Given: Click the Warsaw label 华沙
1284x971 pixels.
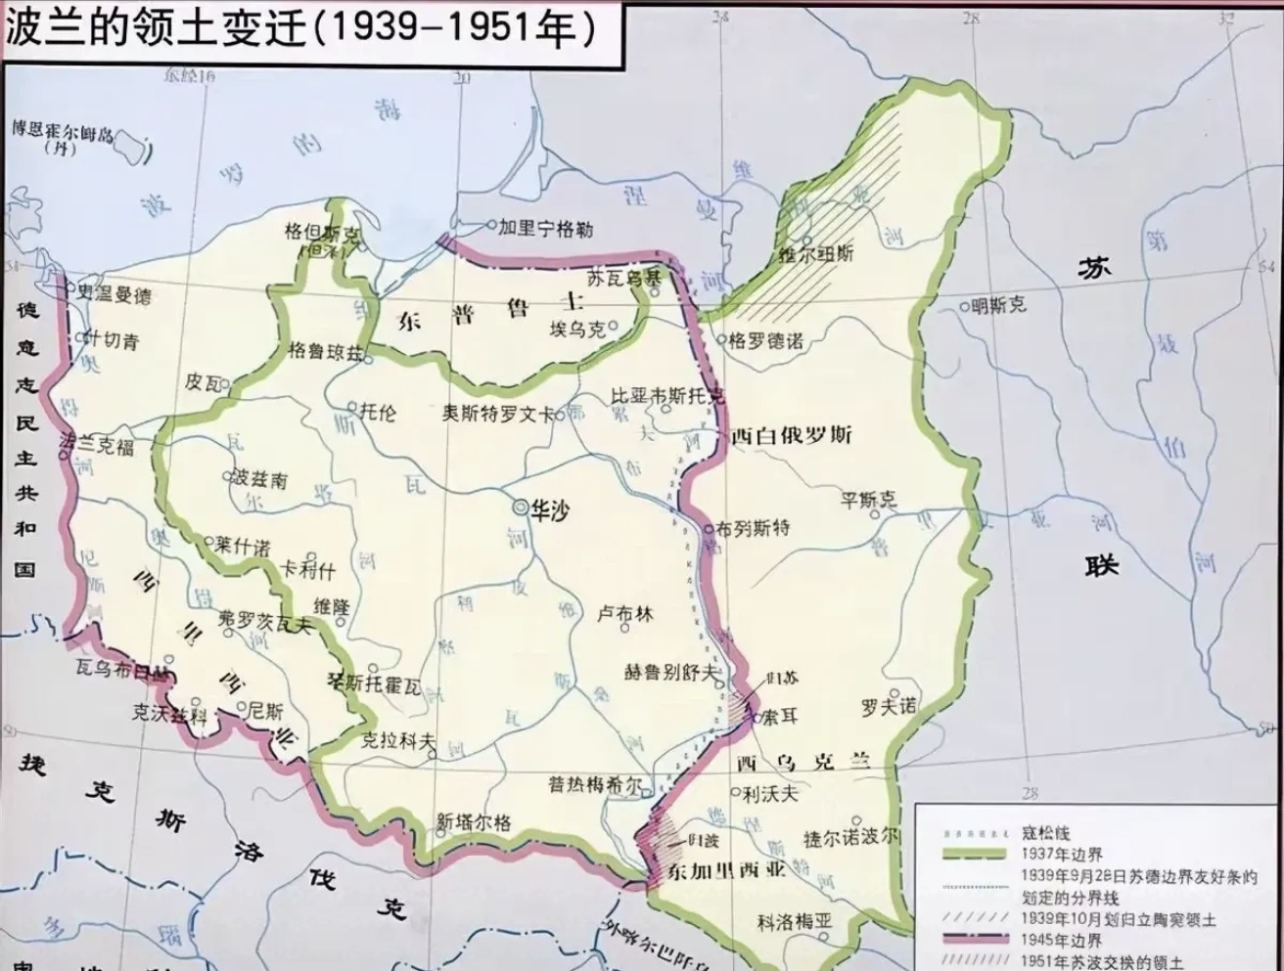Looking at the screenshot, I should pos(549,509).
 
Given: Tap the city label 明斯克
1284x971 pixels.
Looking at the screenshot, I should pos(999,306).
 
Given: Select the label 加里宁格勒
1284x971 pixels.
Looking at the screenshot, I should pos(545,228).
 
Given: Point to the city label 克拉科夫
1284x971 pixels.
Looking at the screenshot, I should pos(398,741).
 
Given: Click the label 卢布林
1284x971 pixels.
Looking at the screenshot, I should pos(624,614).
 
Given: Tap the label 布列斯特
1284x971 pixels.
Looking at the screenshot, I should pos(753,529).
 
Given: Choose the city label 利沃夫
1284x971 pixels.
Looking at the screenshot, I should pos(770,794).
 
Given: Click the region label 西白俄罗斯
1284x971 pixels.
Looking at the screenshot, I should pos(791,435).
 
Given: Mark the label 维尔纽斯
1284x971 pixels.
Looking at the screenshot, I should pos(815,253).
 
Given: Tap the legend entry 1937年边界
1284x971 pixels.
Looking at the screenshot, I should pos(1061,854).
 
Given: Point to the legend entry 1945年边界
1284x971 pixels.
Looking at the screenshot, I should pos(1061,941).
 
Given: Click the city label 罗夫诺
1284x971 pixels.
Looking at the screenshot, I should pos(889,705).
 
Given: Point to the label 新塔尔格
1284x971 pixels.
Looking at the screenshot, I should pos(474,822).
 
